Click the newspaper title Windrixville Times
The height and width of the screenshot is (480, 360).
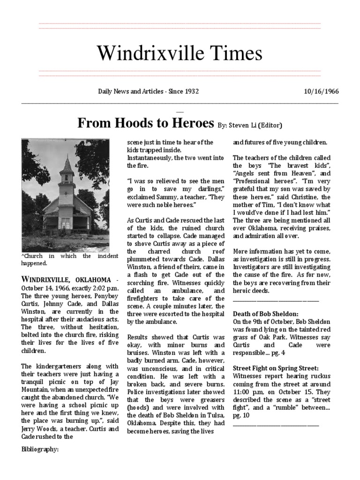180,53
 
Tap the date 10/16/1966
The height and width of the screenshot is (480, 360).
321,91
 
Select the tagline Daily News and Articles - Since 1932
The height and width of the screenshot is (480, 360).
148,91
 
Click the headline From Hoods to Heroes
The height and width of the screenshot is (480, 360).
145,123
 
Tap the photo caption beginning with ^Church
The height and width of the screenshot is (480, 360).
65,260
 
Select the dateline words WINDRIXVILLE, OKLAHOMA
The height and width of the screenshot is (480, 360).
66,279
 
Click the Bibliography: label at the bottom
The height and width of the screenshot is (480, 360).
40,449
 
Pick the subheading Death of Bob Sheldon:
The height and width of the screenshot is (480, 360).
266,313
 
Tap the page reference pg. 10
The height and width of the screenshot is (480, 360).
240,415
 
